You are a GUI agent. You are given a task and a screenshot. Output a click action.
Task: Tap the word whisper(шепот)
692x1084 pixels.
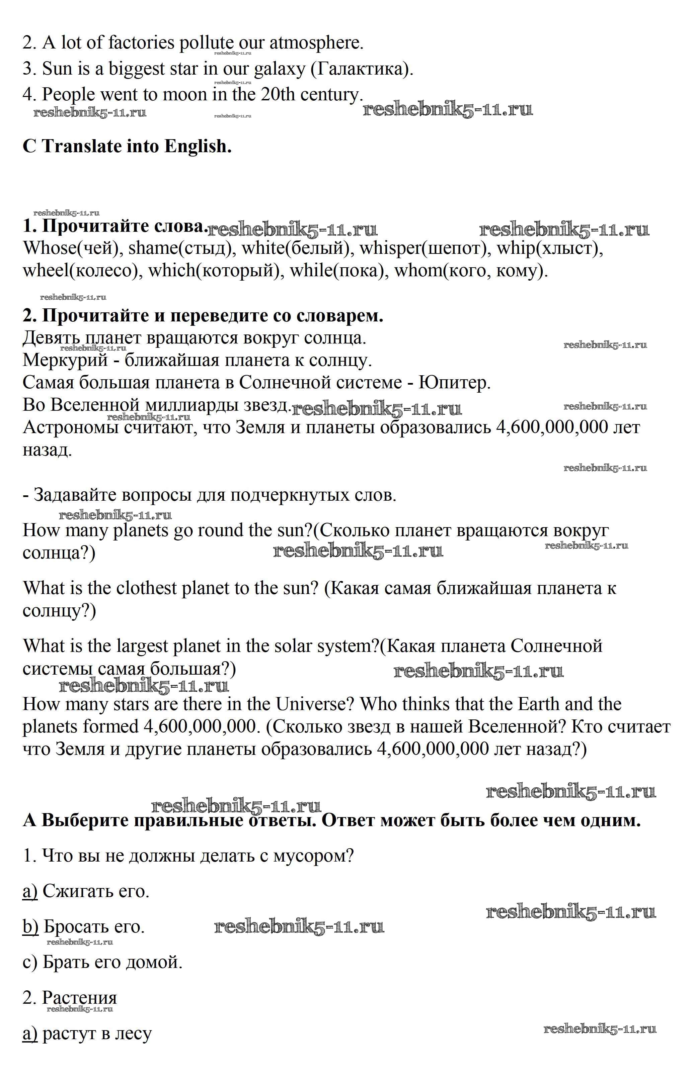[425, 249]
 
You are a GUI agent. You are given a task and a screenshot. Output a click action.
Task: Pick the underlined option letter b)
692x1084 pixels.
[30, 926]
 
